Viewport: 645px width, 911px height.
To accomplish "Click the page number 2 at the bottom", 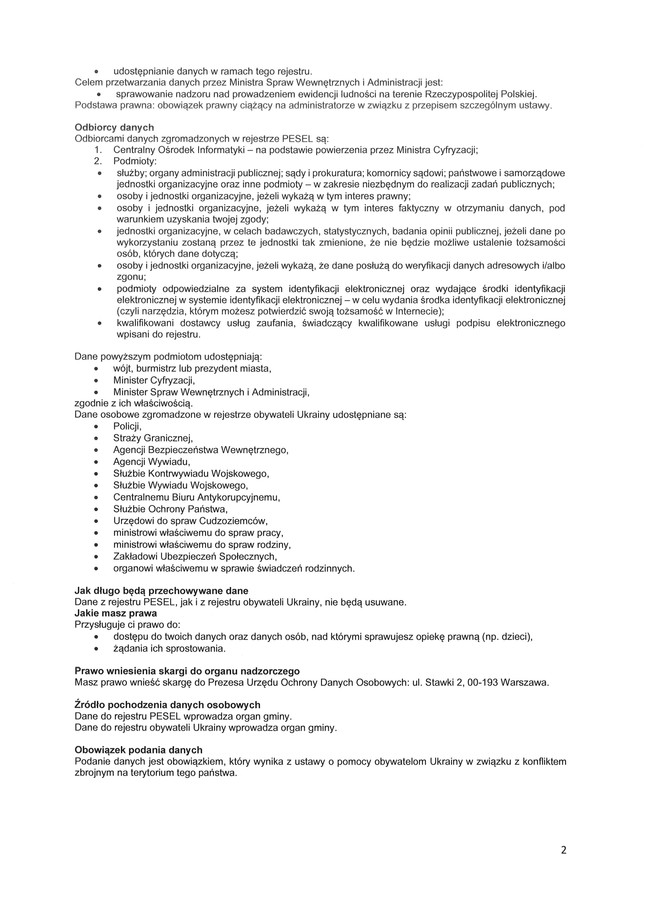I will tap(563, 861).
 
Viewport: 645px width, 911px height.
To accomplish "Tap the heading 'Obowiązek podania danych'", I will tap(138, 750).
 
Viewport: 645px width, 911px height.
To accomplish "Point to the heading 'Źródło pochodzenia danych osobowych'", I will tap(167, 705).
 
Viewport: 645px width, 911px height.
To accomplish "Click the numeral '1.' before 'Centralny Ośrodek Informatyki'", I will tap(98, 150).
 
